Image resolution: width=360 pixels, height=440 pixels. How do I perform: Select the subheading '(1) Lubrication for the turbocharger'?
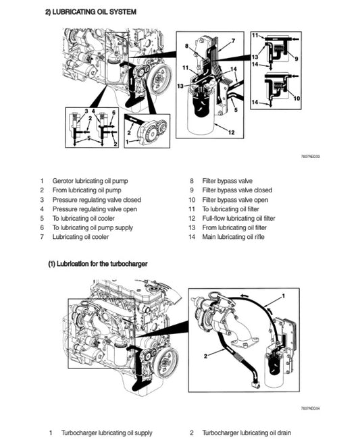(97, 264)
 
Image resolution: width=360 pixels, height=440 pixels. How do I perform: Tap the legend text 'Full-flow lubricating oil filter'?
(239, 219)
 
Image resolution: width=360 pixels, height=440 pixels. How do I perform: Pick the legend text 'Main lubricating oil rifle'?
(234, 238)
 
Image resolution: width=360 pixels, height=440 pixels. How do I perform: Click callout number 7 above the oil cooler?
(233, 41)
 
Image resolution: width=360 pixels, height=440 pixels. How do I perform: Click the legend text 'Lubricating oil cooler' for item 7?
(81, 238)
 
